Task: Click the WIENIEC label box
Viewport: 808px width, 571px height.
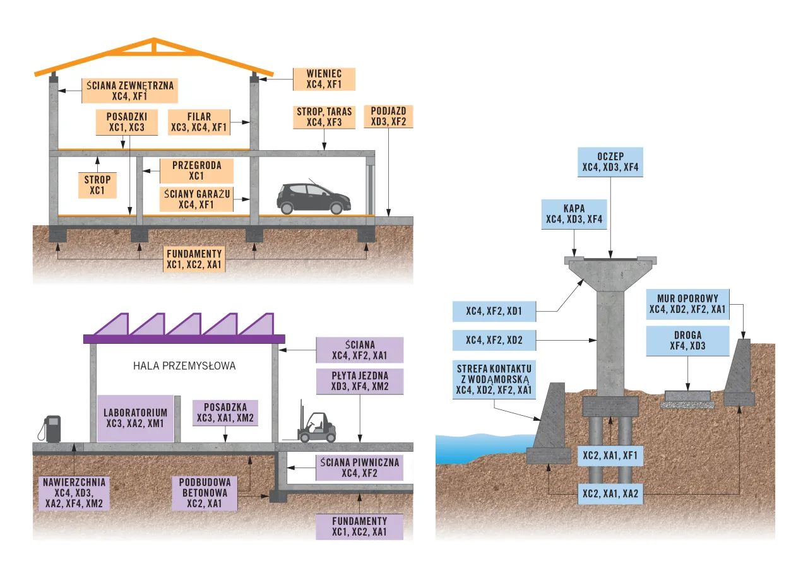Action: [x=324, y=79]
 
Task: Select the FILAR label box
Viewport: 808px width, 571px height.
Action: [x=199, y=122]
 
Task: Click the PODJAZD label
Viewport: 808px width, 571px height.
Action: [x=388, y=116]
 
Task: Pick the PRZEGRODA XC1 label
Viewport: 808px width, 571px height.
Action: [x=196, y=170]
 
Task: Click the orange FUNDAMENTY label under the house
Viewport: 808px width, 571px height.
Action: [x=194, y=259]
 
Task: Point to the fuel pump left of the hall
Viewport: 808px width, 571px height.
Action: [x=52, y=428]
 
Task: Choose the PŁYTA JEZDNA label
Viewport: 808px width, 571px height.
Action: [x=359, y=380]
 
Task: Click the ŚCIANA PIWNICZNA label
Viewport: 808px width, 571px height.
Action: [x=359, y=468]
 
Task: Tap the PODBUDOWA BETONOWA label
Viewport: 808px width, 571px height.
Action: [x=204, y=492]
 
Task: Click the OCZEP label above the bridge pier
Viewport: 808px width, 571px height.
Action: [x=610, y=162]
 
